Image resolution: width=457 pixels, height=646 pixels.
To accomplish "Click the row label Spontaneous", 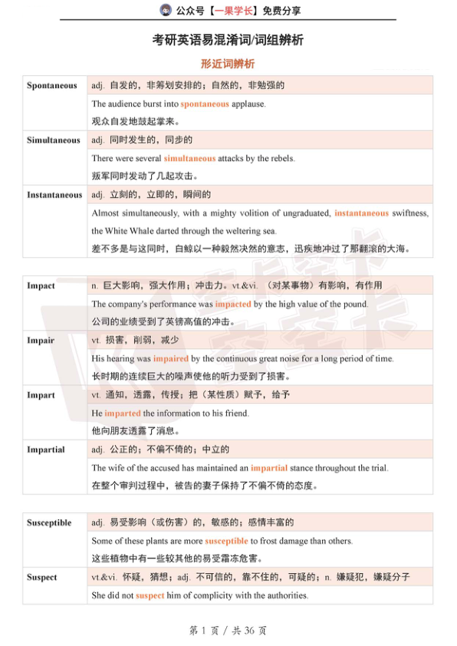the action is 52,85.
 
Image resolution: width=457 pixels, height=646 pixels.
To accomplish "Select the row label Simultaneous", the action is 53,140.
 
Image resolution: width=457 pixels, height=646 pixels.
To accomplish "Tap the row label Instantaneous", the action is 54,195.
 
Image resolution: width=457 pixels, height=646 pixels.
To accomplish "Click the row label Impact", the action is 41,285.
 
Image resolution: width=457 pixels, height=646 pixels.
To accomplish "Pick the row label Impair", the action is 41,340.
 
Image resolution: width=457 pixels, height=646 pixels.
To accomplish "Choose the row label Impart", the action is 41,395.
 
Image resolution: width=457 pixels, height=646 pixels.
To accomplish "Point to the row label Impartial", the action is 45,450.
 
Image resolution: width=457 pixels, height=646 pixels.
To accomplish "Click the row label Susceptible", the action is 49,522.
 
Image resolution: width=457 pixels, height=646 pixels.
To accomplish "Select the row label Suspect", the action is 42,577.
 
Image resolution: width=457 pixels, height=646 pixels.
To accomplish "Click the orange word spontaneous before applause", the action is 205,104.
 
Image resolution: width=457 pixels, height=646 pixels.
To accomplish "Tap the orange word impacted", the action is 233,304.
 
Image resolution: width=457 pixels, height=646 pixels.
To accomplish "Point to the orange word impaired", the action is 170,358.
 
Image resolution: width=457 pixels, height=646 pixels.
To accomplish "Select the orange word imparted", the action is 123,414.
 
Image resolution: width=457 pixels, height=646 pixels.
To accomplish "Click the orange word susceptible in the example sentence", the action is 226,541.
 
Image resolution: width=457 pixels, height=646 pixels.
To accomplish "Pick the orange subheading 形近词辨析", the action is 228,64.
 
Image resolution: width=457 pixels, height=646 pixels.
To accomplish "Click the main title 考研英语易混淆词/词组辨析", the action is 228,40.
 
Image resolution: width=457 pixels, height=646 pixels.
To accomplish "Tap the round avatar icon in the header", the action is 165,10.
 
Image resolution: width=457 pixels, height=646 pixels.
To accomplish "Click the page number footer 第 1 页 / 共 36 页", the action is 228,630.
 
